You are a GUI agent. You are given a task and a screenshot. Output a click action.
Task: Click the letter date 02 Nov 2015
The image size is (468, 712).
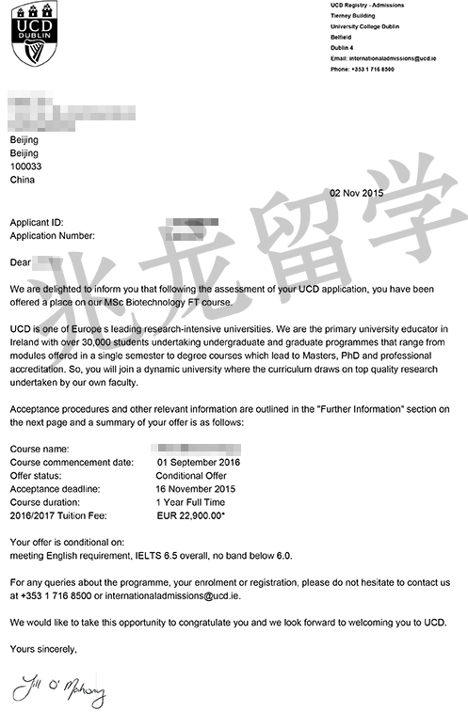(x=357, y=193)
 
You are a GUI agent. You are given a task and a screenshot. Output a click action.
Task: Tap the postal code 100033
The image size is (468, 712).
(x=28, y=166)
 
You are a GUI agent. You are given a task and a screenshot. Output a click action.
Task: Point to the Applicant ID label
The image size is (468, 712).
(x=37, y=222)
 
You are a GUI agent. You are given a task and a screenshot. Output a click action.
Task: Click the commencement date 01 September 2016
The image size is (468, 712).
(x=199, y=463)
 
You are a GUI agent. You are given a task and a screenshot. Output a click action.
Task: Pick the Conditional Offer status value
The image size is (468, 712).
(x=192, y=476)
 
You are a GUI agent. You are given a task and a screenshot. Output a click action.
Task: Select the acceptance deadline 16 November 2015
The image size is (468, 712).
(x=196, y=489)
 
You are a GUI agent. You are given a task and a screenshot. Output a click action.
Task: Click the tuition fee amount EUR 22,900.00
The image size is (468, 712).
(x=195, y=515)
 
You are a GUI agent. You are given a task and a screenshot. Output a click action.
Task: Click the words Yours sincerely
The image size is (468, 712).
(x=43, y=649)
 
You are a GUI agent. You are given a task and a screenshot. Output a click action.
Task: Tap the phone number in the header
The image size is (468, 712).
(x=363, y=70)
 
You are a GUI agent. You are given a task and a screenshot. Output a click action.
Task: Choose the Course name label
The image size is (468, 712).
(x=40, y=450)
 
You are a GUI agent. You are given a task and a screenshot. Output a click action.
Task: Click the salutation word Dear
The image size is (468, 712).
(x=21, y=261)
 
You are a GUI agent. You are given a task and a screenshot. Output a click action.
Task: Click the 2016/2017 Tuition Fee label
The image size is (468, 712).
(x=58, y=515)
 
